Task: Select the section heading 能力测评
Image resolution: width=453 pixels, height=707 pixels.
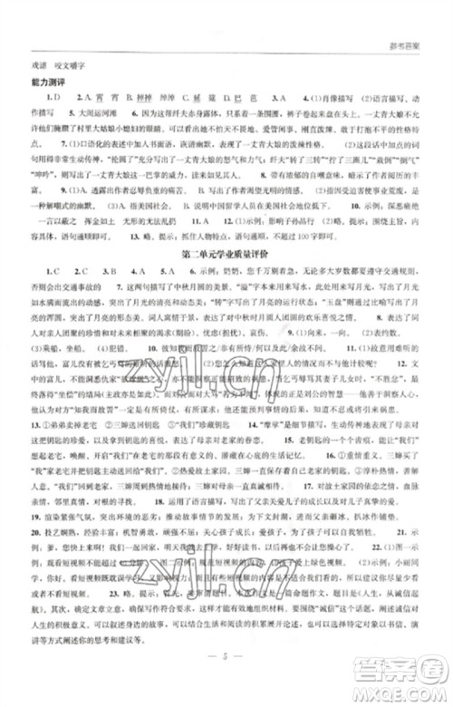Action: point(48,85)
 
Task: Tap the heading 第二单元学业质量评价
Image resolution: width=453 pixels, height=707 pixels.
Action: point(226,255)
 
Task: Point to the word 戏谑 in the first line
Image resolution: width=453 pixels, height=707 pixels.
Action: point(42,64)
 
